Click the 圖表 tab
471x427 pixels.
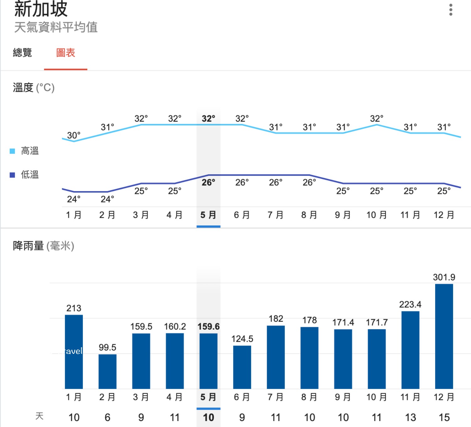(x=66, y=53)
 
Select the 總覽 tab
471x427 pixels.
(x=22, y=53)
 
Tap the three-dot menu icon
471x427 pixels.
(x=451, y=10)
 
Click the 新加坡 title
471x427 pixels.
(x=41, y=9)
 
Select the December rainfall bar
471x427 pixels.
(x=444, y=336)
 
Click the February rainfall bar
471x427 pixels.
(x=107, y=371)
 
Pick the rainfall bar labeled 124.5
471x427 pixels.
(x=242, y=367)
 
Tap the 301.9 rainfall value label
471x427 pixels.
(x=444, y=277)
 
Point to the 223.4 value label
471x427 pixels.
(x=410, y=304)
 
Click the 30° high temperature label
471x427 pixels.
(x=74, y=135)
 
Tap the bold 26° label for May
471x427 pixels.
(x=208, y=183)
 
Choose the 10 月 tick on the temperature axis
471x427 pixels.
(x=376, y=215)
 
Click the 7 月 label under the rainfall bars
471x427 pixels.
(x=275, y=397)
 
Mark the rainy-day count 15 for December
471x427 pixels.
(x=444, y=418)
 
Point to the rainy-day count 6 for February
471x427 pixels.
(x=107, y=418)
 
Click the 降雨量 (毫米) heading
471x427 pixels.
(x=43, y=246)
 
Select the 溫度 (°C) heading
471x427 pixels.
(x=34, y=88)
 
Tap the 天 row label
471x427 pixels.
(x=39, y=416)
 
